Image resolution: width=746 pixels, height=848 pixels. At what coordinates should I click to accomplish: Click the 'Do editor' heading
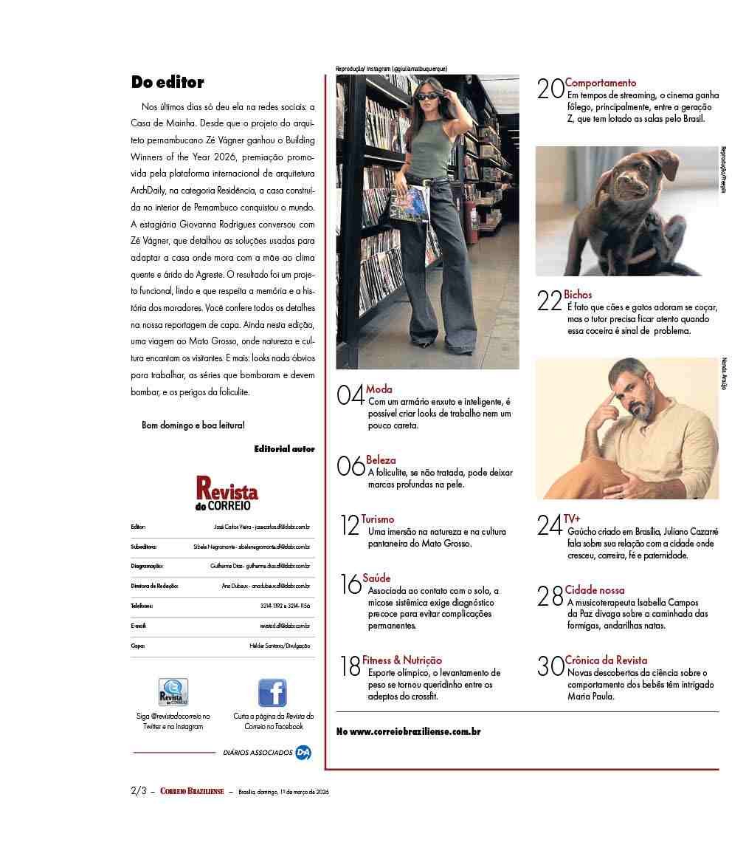point(167,82)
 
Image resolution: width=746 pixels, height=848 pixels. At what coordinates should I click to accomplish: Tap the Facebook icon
point(272,693)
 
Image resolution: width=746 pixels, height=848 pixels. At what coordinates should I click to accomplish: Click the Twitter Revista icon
point(173,693)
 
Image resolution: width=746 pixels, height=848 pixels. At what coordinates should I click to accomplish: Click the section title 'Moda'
point(379,389)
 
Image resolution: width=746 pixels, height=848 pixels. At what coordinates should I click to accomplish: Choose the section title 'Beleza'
point(381,460)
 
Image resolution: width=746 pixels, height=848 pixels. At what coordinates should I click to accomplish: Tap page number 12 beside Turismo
point(350,525)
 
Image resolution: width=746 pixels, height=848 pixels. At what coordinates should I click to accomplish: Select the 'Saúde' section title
point(376,578)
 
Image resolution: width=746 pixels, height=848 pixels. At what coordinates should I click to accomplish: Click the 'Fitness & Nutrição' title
point(402,660)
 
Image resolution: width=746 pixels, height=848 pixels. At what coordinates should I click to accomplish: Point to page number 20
point(550,89)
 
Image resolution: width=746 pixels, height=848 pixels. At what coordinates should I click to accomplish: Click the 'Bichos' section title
point(578,295)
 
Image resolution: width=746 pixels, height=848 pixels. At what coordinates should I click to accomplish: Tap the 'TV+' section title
point(572,519)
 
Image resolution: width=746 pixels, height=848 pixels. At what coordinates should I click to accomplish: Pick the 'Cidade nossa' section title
point(595,590)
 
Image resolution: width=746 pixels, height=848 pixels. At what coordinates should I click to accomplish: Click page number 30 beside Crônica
point(550,667)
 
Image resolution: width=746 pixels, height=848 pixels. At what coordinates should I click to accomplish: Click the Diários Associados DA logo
point(303,753)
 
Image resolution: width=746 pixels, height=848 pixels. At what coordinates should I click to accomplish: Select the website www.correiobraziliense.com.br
point(408,732)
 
